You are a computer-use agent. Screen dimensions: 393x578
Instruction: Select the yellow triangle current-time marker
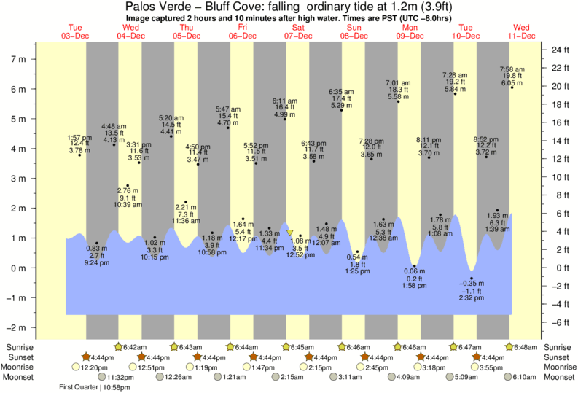click(290, 233)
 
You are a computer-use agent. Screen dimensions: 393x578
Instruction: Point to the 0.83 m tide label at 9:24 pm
click(95, 255)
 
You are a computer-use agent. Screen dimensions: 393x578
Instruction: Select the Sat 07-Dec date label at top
click(298, 31)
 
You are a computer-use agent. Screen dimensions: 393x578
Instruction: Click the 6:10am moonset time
click(526, 378)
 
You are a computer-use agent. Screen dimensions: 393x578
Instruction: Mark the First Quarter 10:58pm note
click(90, 387)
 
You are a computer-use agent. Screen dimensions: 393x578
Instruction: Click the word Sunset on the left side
click(20, 357)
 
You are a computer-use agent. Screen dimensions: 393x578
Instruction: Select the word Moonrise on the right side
click(557, 367)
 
